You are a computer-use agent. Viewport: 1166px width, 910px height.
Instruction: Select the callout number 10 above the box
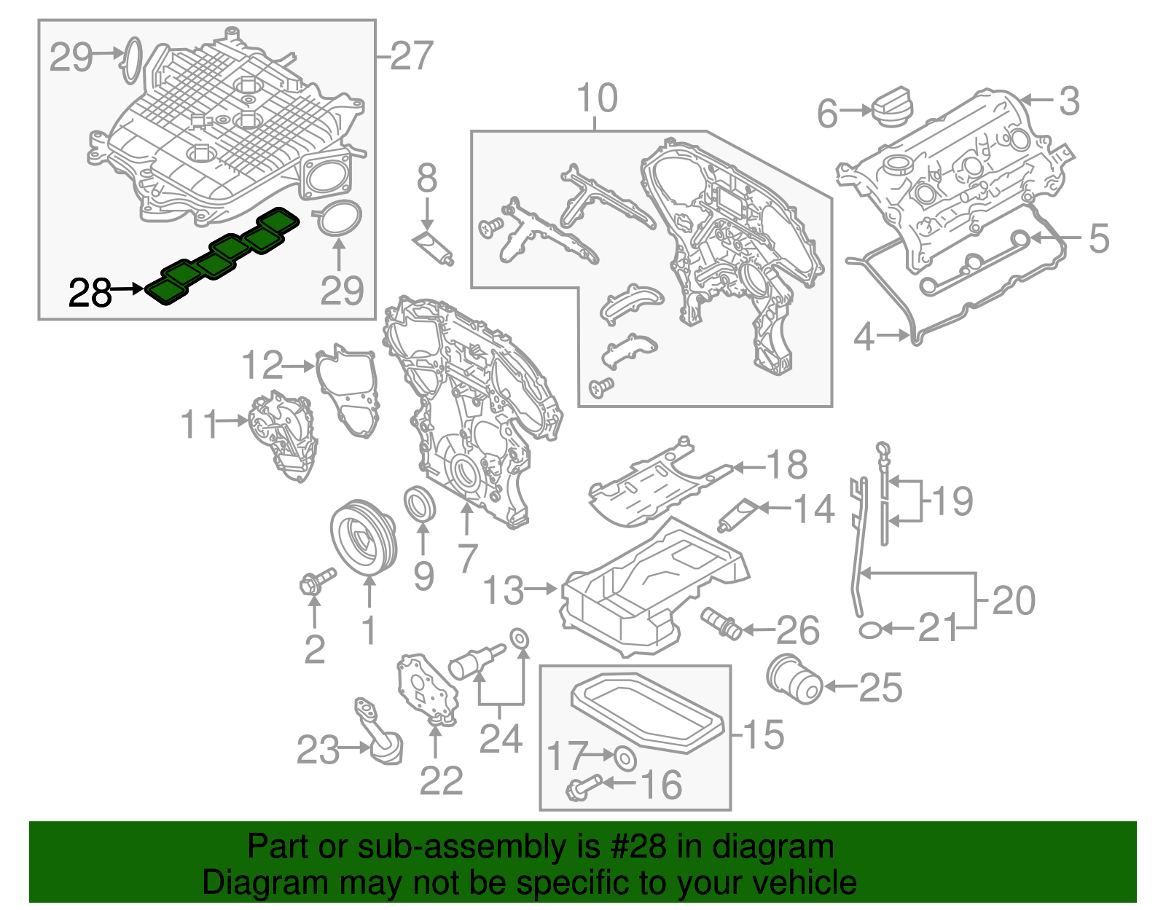point(597,98)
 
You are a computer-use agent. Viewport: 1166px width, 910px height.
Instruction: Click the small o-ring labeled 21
point(870,629)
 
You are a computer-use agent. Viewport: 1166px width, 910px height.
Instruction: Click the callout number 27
point(412,56)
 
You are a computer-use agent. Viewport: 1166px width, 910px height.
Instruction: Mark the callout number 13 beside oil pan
point(503,590)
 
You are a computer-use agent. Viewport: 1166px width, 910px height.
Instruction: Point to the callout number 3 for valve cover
point(1068,101)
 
